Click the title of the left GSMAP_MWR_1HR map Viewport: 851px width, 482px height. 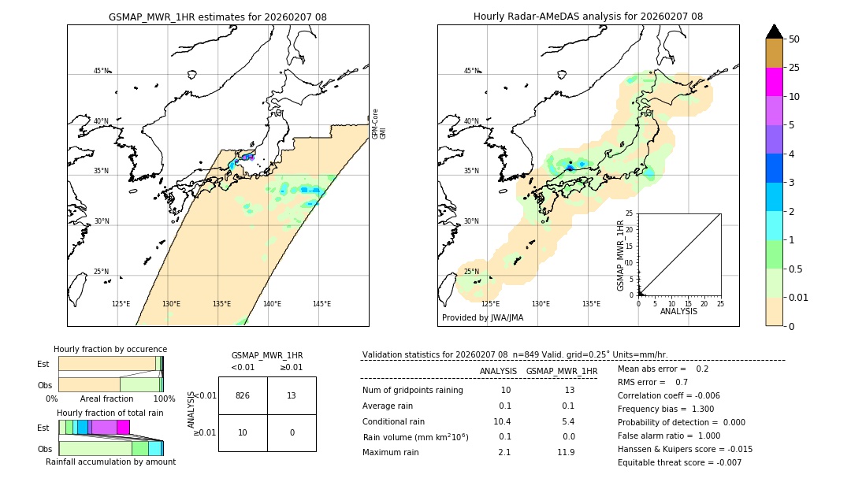point(217,17)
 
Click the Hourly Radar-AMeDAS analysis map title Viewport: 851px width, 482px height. point(588,17)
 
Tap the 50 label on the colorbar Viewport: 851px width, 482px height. point(794,39)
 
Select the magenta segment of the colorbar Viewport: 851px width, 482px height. point(774,82)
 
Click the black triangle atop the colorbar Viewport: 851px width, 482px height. point(774,32)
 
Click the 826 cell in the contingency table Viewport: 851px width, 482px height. point(243,395)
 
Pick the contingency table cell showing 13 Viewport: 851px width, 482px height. point(292,395)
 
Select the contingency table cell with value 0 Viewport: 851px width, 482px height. point(292,432)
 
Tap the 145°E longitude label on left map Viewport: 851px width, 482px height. point(321,304)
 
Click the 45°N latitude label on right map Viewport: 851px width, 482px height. point(471,71)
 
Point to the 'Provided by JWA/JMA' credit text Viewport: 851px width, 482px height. point(482,318)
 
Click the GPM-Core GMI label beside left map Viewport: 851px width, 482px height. point(378,124)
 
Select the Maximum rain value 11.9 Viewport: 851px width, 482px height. point(567,452)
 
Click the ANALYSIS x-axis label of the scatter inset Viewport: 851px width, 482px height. point(678,311)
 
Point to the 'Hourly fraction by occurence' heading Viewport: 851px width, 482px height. point(110,349)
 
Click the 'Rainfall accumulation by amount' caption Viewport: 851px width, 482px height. point(110,462)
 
